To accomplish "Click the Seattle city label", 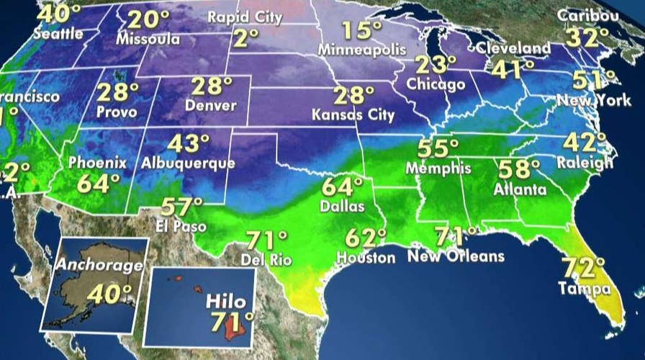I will [59, 34].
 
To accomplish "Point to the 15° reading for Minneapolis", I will [361, 31].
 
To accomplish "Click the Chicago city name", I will [436, 84].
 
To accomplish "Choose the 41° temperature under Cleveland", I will [513, 68].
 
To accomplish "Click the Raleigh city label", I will [588, 163].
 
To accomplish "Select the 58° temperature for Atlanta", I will [520, 170].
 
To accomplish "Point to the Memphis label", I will [438, 168].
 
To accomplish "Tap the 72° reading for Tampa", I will [584, 269].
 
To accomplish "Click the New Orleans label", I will [456, 256].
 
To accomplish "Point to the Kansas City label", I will [353, 114].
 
